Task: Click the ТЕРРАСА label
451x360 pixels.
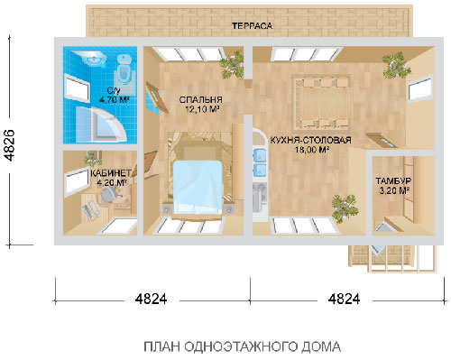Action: [x=252, y=26]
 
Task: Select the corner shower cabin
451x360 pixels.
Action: [x=105, y=125]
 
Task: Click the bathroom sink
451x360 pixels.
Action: [x=93, y=59]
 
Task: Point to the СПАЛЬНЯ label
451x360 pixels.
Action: [x=200, y=99]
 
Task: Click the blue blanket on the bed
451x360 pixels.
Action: [x=198, y=187]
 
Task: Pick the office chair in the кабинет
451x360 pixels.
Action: [x=110, y=193]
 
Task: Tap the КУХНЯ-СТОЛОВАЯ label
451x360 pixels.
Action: [x=311, y=140]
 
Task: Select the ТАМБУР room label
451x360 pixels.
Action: [x=393, y=181]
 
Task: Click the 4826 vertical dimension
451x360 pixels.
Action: [x=10, y=145]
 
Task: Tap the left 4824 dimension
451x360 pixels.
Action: [x=151, y=300]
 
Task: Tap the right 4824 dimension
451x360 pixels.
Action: [x=344, y=300]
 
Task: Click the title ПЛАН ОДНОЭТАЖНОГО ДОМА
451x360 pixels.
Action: [x=243, y=346]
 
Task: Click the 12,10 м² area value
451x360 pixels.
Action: [x=201, y=109]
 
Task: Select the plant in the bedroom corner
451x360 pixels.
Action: [x=232, y=65]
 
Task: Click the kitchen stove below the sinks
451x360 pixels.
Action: [x=260, y=197]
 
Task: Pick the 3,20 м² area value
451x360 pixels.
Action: [x=395, y=190]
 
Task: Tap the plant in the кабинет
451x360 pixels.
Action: [x=92, y=158]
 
